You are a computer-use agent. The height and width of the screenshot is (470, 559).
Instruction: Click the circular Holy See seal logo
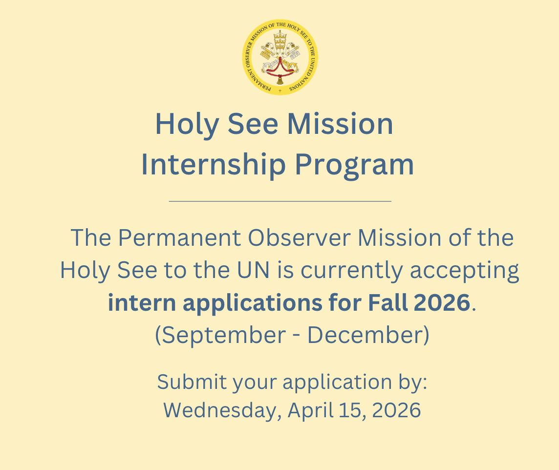(280, 57)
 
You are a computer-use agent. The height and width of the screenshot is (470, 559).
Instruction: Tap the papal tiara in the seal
(280, 40)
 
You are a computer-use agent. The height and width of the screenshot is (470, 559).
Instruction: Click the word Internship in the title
(214, 165)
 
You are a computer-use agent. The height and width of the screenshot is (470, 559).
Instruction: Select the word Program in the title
(354, 165)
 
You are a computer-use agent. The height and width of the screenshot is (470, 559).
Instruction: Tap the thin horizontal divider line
(280, 201)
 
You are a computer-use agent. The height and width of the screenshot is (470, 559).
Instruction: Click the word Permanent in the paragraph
(180, 237)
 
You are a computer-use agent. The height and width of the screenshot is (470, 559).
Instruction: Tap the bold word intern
(142, 302)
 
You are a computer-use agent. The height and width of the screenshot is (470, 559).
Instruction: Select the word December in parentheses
(365, 335)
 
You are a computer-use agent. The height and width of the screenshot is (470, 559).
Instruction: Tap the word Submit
(192, 382)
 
